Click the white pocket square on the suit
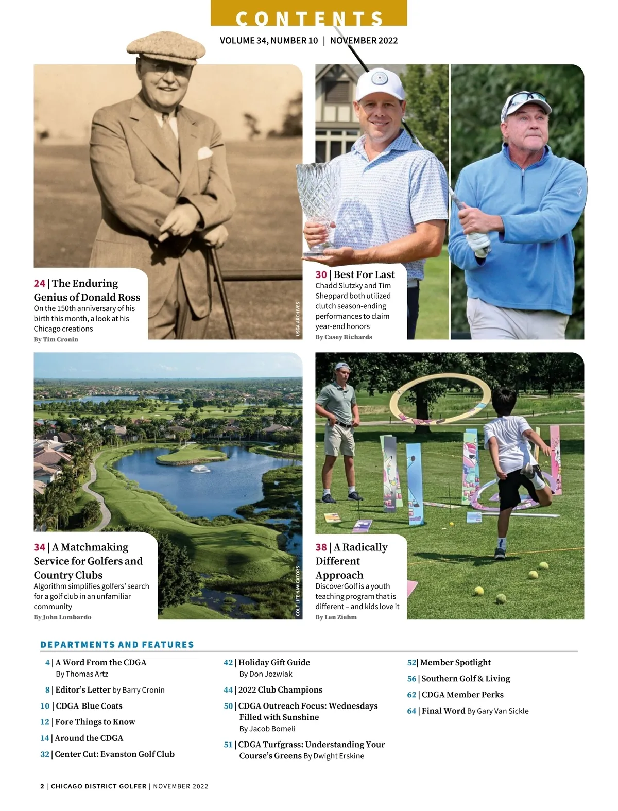coord(205,153)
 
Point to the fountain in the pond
coord(198,469)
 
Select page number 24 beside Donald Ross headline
coord(40,284)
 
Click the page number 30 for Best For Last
coord(321,275)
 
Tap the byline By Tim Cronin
coord(56,339)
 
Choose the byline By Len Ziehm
coord(336,617)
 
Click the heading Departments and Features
coord(117,645)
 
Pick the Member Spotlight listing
coord(455,663)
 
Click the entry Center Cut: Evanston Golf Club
coord(114,754)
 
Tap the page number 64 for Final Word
coord(411,711)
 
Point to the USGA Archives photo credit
coord(298,320)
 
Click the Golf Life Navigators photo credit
coord(298,591)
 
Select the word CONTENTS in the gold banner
coord(309,18)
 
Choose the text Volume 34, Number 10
coord(268,41)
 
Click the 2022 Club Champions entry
coord(280,690)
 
